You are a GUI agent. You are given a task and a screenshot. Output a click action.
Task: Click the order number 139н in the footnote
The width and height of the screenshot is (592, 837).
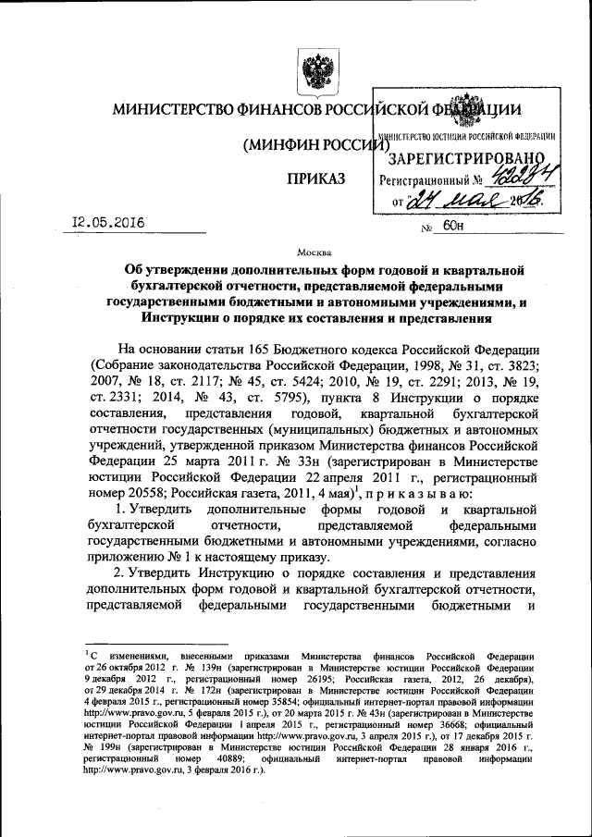click(229, 666)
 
